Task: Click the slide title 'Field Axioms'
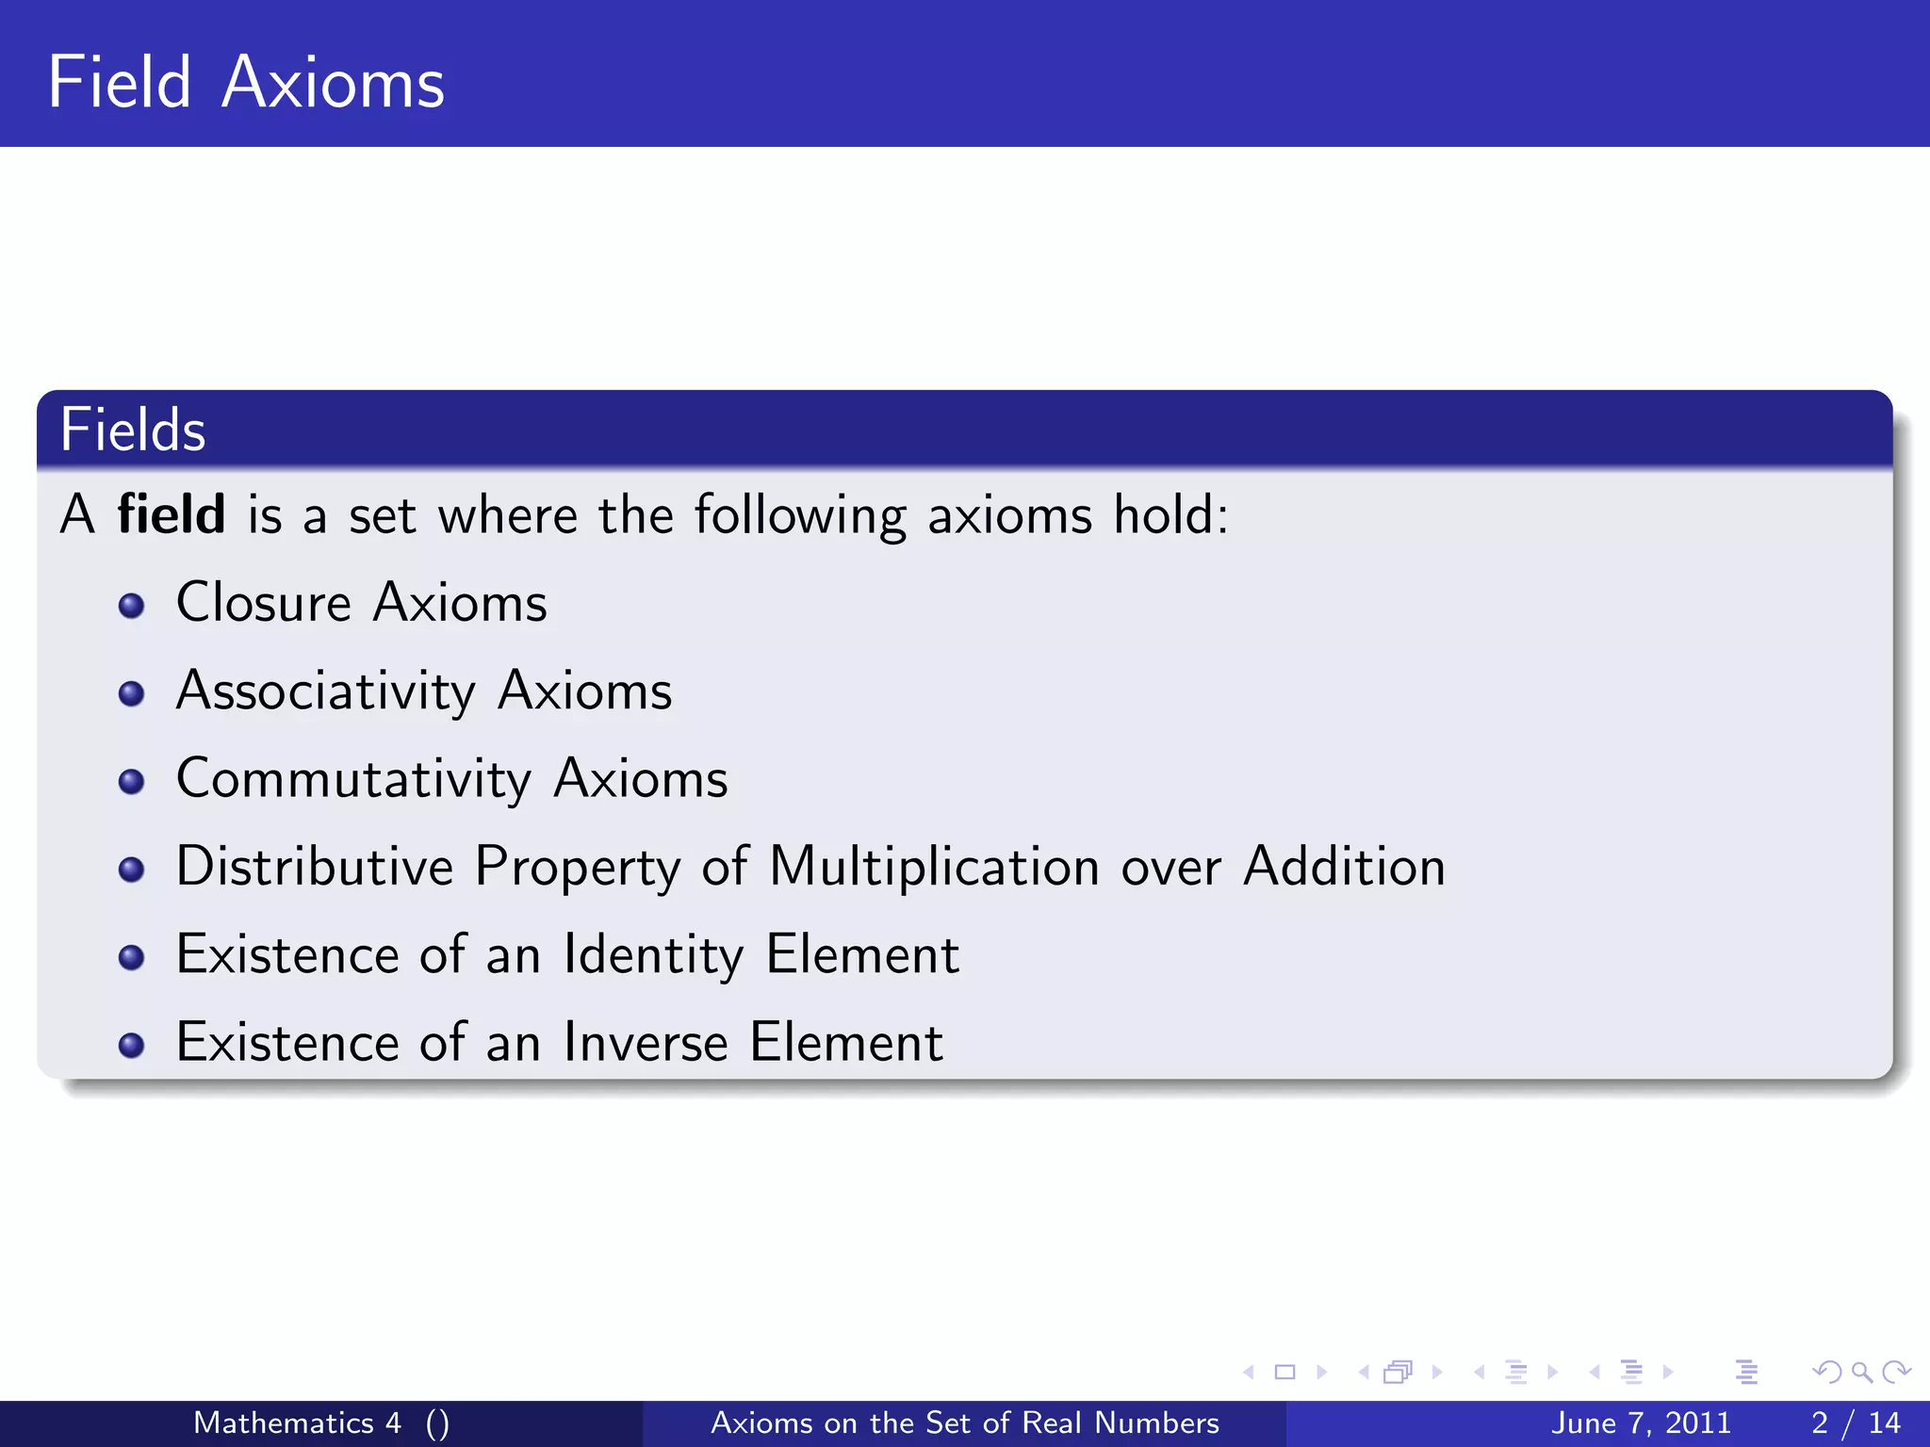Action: (246, 83)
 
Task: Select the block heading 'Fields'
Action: (133, 431)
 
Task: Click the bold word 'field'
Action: (171, 514)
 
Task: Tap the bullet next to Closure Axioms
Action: (132, 606)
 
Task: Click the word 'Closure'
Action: (263, 603)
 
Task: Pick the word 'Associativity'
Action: (325, 691)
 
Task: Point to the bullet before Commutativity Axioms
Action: (132, 782)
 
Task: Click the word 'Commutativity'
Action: (353, 780)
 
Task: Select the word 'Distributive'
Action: (315, 867)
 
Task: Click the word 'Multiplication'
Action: (934, 867)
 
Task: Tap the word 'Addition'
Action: (1344, 867)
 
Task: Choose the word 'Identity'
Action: (653, 955)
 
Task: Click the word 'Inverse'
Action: (646, 1043)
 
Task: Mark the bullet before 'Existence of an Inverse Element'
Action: (132, 1046)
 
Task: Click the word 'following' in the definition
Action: (800, 516)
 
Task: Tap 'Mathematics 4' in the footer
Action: (297, 1423)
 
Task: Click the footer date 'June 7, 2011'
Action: (1641, 1423)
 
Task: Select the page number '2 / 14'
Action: (1856, 1423)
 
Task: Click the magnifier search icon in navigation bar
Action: (1861, 1373)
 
